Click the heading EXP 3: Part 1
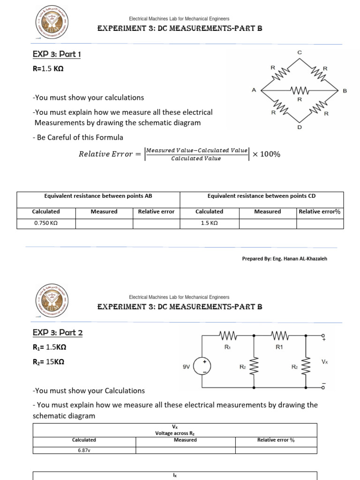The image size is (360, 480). tap(57, 54)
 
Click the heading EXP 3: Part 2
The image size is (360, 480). tap(58, 333)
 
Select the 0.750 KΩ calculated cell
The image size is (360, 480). tap(46, 224)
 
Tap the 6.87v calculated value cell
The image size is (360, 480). tap(84, 450)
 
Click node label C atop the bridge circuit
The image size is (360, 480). tap(300, 52)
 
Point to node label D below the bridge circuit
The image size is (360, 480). tap(300, 127)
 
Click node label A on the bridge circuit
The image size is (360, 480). tap(254, 90)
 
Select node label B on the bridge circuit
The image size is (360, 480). tap(345, 90)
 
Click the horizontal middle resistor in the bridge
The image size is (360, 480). tap(299, 90)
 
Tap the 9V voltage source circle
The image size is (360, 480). tap(202, 367)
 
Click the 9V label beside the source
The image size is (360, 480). tap(186, 367)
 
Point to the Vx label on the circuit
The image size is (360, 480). tap(324, 362)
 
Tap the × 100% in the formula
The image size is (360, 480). tap(266, 154)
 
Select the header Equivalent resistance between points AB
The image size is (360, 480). tap(98, 196)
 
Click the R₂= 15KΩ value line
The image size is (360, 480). tap(48, 362)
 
